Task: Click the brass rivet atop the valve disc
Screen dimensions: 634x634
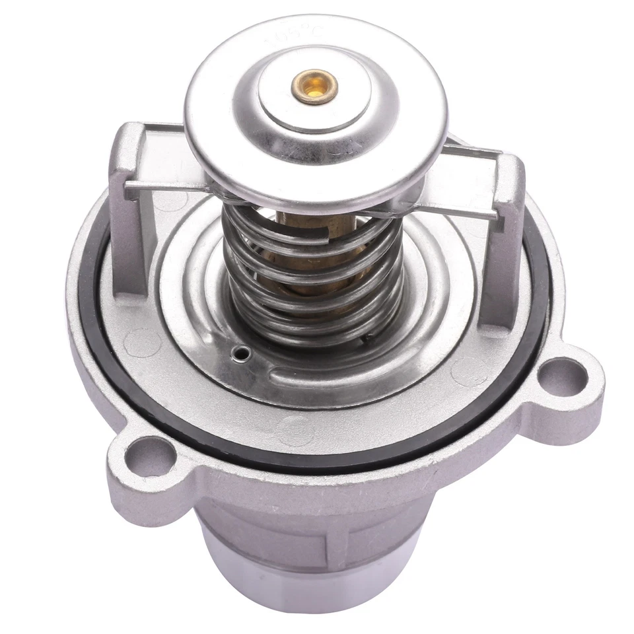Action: tap(316, 87)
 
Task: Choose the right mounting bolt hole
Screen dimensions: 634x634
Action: tap(562, 377)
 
